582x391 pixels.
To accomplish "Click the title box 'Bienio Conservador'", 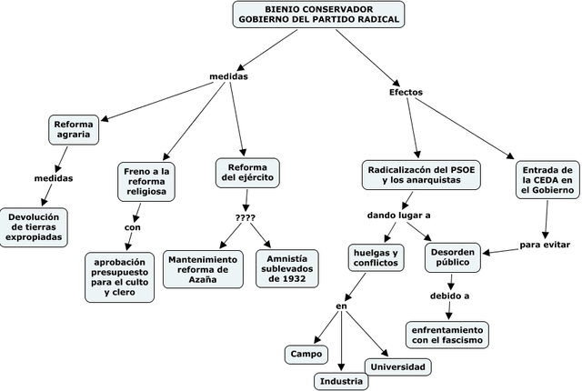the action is [x=318, y=15].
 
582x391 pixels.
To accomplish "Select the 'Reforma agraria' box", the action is [x=74, y=129].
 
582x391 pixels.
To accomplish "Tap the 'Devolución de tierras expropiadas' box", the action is [x=34, y=227].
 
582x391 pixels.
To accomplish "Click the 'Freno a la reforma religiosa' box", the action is [x=146, y=181].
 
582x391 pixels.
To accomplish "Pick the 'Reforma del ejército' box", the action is [x=247, y=173].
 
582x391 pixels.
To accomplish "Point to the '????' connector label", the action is [x=246, y=217].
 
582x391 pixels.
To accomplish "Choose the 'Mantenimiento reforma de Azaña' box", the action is [x=203, y=269].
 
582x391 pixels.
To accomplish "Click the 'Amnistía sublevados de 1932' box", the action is [x=287, y=268].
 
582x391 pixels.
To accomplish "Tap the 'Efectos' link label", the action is [x=406, y=92].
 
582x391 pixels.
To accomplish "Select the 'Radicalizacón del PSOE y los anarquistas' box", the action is [x=421, y=175].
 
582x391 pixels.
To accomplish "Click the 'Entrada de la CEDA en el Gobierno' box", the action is [x=547, y=180].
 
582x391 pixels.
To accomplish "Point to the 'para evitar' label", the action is [x=545, y=245].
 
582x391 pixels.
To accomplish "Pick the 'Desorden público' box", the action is [x=453, y=257].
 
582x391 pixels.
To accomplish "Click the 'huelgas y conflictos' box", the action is [x=376, y=258].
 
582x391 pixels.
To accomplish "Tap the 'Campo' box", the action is [x=306, y=355].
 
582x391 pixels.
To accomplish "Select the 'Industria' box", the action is [x=341, y=381].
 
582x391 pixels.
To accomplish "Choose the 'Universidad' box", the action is [x=398, y=367].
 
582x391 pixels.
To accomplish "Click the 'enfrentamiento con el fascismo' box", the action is [x=447, y=335].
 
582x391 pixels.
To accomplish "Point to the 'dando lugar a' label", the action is [x=398, y=216].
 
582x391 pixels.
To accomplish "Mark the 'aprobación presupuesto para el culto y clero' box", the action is [x=119, y=277].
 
